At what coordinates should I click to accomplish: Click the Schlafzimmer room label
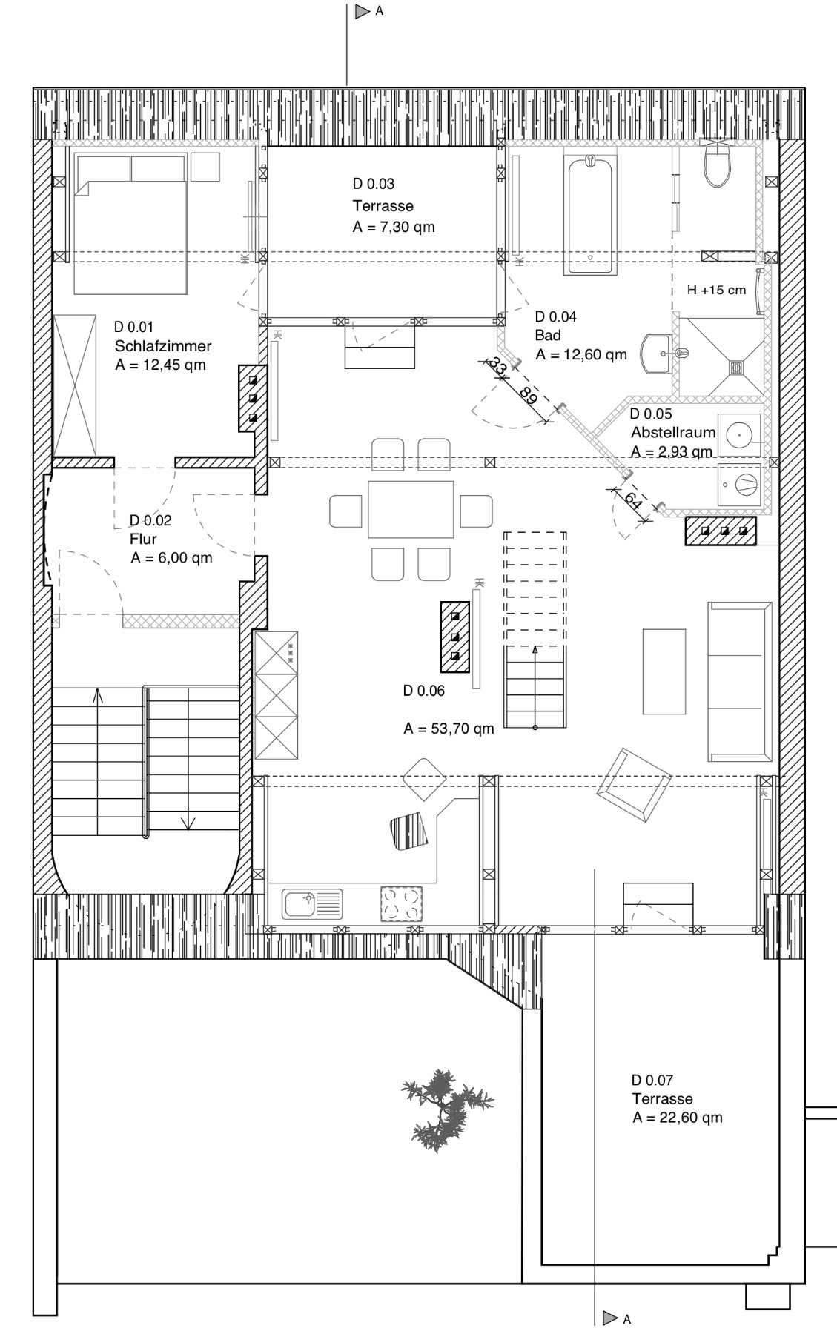[x=163, y=346]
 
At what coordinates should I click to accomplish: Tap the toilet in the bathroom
[x=718, y=165]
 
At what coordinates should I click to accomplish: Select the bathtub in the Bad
[x=589, y=214]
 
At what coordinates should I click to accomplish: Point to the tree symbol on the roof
[x=446, y=1109]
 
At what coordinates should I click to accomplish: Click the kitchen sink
[x=312, y=904]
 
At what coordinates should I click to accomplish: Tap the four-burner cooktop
[x=401, y=904]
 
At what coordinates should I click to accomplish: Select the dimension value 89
[x=528, y=396]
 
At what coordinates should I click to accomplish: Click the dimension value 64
[x=633, y=500]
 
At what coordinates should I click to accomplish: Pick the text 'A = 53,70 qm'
[x=449, y=729]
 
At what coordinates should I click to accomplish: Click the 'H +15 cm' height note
[x=716, y=290]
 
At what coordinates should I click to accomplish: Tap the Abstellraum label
[x=673, y=432]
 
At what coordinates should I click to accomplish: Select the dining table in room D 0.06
[x=410, y=509]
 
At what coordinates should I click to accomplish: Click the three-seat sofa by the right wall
[x=739, y=682]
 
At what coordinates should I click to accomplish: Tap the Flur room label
[x=143, y=539]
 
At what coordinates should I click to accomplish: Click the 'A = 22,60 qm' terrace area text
[x=677, y=1118]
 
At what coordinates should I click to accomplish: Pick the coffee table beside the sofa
[x=664, y=671]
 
